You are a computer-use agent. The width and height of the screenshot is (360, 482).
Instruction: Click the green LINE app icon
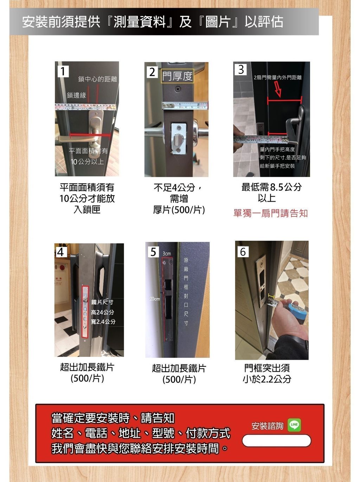294,425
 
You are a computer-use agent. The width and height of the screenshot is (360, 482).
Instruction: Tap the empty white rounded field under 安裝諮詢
276,441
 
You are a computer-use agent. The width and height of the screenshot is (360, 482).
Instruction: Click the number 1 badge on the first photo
63,71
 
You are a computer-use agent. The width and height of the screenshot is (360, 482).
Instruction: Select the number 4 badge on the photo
60,252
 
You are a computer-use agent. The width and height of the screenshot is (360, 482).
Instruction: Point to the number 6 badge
243,252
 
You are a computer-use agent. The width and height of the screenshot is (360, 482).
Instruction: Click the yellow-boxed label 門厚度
177,76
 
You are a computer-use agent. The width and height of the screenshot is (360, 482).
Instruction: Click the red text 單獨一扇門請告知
270,213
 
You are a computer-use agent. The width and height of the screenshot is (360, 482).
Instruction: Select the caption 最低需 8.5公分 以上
271,192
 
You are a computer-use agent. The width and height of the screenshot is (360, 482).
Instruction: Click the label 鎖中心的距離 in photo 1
97,79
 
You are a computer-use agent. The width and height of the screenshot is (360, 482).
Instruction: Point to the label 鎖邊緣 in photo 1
76,95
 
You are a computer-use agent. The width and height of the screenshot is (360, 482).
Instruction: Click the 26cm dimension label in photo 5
154,299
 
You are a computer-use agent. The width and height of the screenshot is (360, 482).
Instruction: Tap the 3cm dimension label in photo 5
167,253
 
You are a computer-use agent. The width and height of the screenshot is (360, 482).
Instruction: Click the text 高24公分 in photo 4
102,312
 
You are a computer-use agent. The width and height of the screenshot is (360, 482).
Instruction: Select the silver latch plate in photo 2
179,139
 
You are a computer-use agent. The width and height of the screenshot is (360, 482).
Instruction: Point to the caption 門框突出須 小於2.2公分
267,373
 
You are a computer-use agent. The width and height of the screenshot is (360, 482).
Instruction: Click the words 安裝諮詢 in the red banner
267,426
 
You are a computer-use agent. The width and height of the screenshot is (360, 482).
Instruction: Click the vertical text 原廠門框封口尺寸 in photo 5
186,291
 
